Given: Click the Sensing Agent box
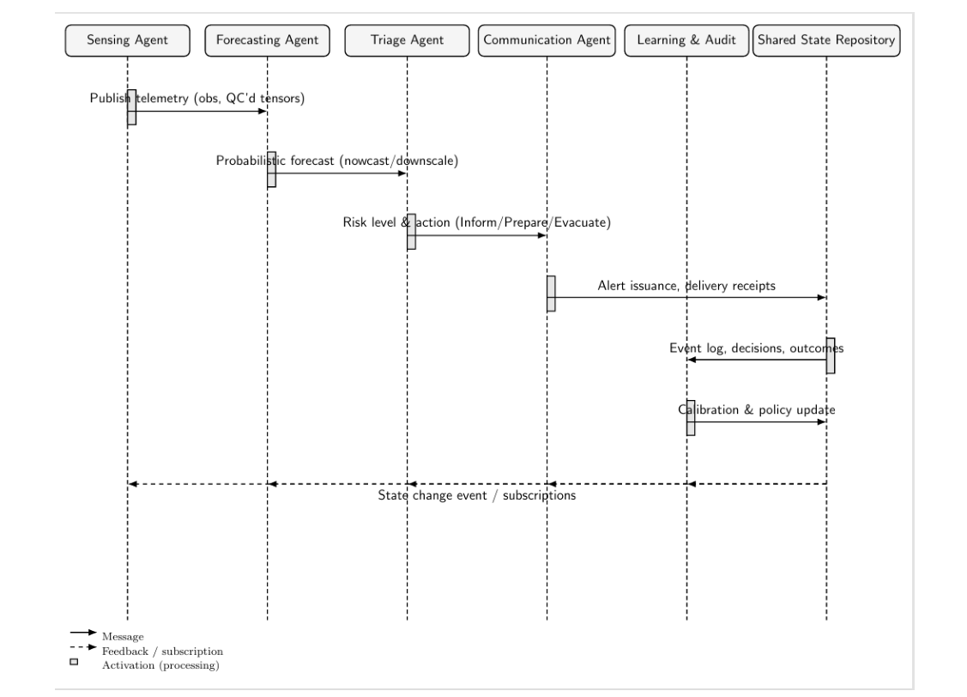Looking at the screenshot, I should tap(127, 40).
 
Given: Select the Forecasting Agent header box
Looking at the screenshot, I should tap(267, 40).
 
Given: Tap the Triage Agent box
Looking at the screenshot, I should tap(407, 40).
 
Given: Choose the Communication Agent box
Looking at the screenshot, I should tap(547, 40).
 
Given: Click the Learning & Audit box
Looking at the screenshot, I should tap(686, 40).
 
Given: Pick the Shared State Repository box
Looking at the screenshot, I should tap(826, 40).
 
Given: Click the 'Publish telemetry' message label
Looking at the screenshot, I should tap(197, 99).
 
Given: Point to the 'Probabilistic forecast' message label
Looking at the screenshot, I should tap(337, 161).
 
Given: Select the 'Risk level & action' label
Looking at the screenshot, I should tap(477, 223).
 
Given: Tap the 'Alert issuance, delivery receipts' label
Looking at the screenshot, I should tap(686, 286).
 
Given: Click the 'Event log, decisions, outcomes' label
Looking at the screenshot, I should tap(756, 348).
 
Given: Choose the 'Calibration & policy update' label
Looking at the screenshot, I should tap(756, 410).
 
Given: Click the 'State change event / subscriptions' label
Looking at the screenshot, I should tap(477, 496).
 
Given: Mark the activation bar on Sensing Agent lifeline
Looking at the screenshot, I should tap(131, 107).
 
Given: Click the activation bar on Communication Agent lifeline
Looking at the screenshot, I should tap(551, 294).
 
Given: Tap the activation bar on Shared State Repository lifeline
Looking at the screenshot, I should tap(831, 355).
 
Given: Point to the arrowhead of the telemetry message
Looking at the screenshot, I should tap(263, 111).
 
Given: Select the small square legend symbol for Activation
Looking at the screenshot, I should tap(74, 662).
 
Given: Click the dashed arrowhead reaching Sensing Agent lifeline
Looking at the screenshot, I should tap(132, 484).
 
